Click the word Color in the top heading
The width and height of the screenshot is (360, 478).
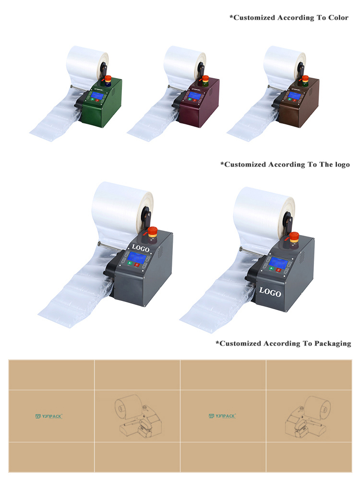(337, 18)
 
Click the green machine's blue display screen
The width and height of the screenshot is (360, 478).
(97, 96)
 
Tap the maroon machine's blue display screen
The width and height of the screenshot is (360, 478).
(195, 96)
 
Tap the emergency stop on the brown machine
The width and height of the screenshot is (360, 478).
(305, 79)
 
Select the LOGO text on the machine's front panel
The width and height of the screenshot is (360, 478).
(270, 291)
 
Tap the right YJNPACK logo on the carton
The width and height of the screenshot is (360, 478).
(222, 416)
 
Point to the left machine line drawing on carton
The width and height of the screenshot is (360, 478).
(136, 416)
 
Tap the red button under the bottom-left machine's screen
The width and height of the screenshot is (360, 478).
(137, 264)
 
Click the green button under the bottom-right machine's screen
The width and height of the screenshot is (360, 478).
(271, 269)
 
